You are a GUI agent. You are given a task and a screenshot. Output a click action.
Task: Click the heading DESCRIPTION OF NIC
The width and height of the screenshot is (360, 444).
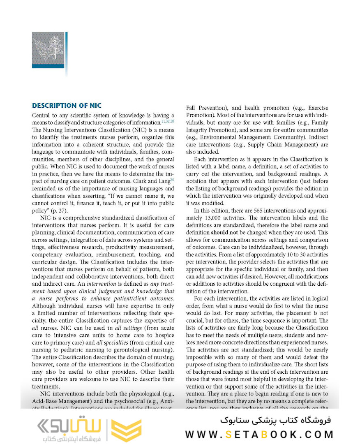[67, 106]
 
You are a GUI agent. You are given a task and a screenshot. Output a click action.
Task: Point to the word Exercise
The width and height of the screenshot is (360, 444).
[316, 108]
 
